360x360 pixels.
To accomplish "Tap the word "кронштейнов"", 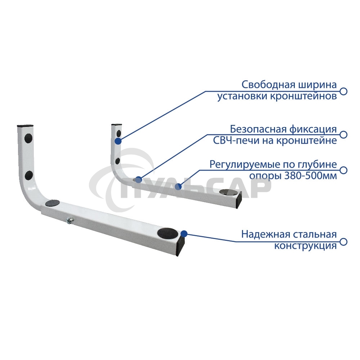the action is coord(303,96).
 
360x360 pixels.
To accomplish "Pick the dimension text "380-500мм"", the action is coord(311,176).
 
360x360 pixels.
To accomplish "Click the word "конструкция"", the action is coord(306,246).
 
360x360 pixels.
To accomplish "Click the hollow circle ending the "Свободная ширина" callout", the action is coord(343,91).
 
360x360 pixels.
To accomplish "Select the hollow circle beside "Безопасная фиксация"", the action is coord(343,135).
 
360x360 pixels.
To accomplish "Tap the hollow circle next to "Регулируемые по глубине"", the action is coord(343,170).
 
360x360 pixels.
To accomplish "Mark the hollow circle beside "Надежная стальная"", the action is coord(343,242).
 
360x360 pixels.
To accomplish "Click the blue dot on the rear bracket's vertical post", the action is coord(118,141).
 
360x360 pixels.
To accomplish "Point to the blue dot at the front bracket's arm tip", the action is coord(184,234).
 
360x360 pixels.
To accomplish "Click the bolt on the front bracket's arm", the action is coord(69,221).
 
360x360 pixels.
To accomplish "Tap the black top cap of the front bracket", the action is coord(26,126).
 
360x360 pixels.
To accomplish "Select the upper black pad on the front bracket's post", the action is coord(28,138).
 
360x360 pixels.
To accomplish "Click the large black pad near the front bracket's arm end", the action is coord(168,233).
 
